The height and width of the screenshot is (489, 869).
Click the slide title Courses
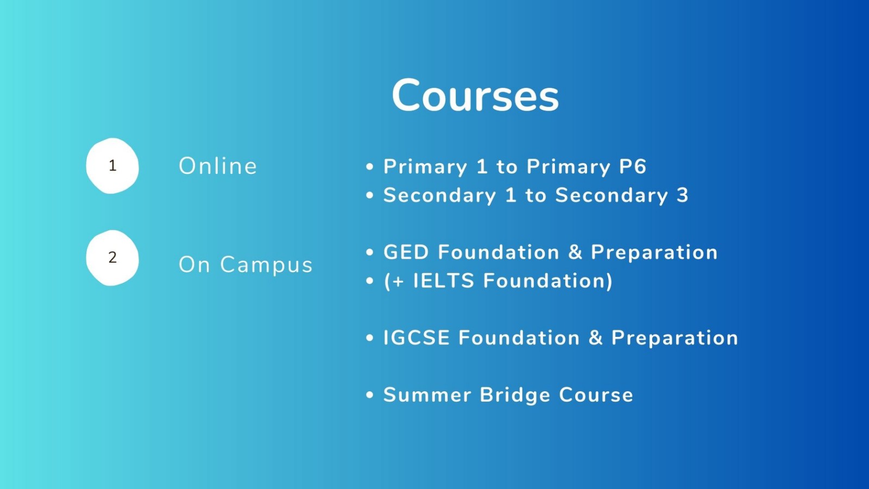(475, 96)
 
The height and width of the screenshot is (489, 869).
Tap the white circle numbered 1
(112, 166)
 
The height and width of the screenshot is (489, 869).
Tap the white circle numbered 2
(112, 258)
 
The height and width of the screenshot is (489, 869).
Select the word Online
(218, 166)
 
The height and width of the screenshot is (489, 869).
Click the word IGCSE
(416, 337)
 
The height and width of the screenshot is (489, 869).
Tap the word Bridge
(515, 396)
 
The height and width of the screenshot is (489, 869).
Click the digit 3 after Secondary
(682, 195)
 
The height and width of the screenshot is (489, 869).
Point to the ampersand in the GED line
(575, 252)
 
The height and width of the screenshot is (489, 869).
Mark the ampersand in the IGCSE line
(595, 337)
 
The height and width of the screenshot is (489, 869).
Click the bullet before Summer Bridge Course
(370, 395)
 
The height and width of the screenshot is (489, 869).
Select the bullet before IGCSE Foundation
(370, 337)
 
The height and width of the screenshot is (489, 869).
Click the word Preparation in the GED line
(654, 253)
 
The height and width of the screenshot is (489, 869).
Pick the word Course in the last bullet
(596, 394)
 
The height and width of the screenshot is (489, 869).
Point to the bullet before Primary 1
(370, 167)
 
